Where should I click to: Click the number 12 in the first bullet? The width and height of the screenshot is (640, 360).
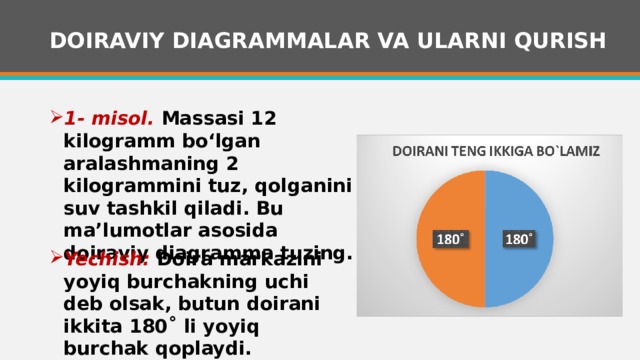point(262,117)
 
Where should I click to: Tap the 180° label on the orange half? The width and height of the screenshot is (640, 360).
point(450,240)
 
